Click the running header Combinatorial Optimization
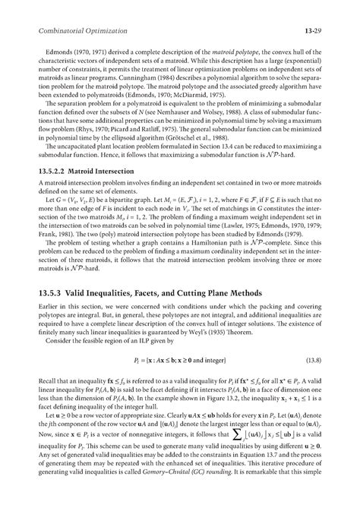coord(68,30)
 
